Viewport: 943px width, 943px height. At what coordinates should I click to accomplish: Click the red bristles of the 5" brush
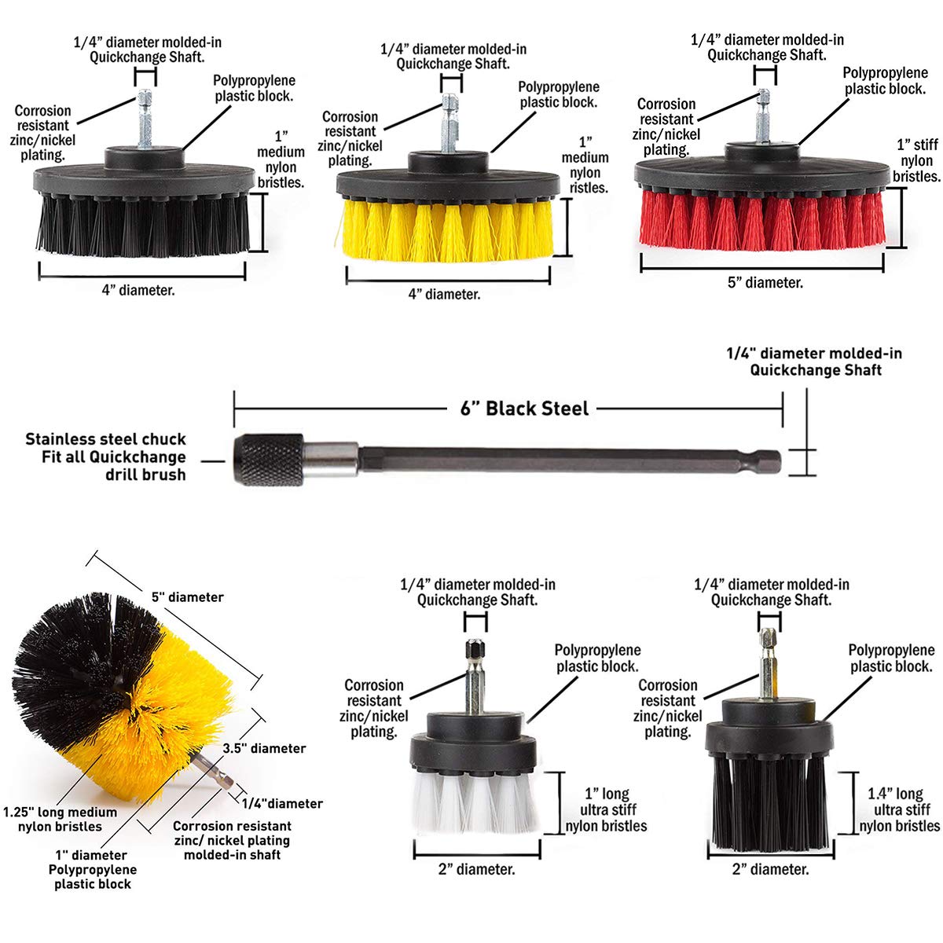tap(762, 220)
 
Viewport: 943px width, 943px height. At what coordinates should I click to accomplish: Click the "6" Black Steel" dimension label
tap(524, 409)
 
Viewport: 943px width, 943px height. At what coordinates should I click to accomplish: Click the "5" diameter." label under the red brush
tap(765, 283)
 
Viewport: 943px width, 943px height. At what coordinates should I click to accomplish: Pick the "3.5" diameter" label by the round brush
tap(264, 748)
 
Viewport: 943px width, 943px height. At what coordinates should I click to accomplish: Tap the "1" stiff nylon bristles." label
tap(916, 161)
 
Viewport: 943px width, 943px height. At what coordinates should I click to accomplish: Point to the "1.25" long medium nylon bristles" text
tap(60, 820)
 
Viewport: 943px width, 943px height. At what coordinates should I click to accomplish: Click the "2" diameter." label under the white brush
tap(477, 869)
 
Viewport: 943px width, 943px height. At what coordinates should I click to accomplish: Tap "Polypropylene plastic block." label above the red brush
tap(886, 81)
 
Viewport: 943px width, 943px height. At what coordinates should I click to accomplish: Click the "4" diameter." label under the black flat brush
tap(138, 291)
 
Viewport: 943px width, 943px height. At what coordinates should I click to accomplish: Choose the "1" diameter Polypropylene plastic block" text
tap(92, 870)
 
